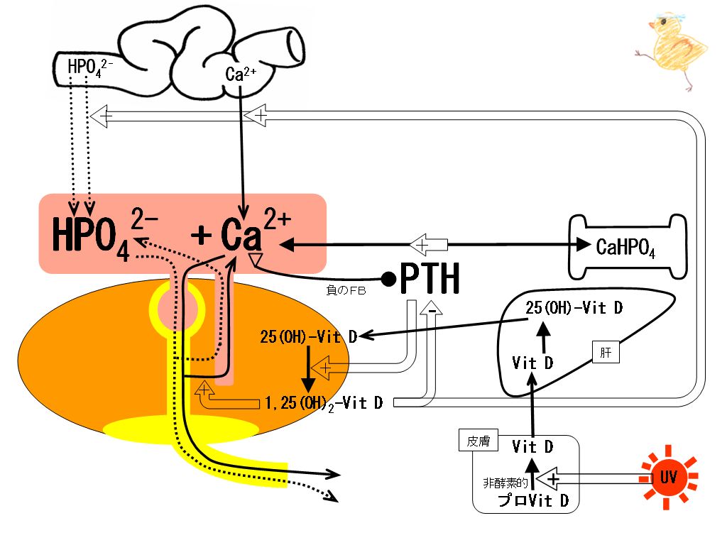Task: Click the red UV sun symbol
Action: [668, 478]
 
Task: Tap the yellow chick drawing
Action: [672, 50]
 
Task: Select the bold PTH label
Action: [430, 278]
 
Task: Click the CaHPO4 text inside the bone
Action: [625, 248]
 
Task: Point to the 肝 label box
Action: [606, 353]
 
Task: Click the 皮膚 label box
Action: [478, 441]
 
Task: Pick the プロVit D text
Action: [532, 500]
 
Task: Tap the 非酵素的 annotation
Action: [505, 483]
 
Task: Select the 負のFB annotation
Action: [346, 290]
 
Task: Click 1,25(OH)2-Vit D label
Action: [324, 403]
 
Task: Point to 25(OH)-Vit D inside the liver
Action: [574, 308]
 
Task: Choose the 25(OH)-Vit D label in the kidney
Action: [308, 337]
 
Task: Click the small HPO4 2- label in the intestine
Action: [90, 67]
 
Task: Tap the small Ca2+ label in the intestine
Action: [241, 74]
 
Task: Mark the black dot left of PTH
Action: [388, 278]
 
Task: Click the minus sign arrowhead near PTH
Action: [431, 309]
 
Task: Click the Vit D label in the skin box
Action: [532, 447]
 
